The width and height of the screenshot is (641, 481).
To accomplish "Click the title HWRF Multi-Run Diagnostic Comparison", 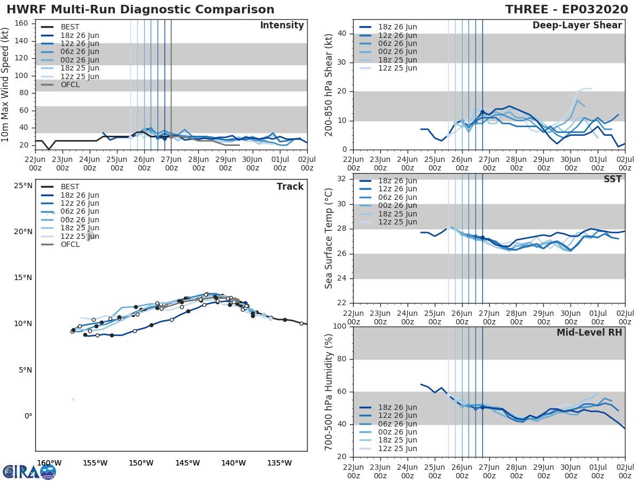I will (x=140, y=10).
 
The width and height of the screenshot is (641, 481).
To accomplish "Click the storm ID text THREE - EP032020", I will (x=567, y=10).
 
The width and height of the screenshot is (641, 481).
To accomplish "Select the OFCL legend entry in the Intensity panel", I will (x=70, y=84).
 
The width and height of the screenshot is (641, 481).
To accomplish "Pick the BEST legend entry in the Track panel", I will (x=70, y=187).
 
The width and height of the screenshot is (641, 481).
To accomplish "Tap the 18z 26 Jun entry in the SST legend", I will (x=398, y=181).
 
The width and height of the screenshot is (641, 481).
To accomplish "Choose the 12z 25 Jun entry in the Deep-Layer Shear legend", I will (x=398, y=68).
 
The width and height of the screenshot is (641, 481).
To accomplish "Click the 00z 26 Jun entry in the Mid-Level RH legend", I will (x=398, y=432).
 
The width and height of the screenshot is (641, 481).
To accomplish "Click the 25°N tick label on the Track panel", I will (x=23, y=186).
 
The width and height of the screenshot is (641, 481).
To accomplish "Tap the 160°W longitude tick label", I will (x=49, y=463).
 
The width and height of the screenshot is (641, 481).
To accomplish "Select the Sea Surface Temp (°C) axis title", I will (x=329, y=238).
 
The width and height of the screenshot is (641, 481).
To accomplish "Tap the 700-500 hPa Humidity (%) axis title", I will (x=329, y=392).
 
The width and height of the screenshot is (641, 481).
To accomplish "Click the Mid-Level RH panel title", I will (x=589, y=333).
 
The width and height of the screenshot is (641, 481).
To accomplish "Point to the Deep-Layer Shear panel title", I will (x=577, y=26).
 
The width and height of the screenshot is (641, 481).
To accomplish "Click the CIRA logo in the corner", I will (x=29, y=471).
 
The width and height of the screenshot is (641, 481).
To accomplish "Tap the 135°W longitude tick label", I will (x=280, y=463).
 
